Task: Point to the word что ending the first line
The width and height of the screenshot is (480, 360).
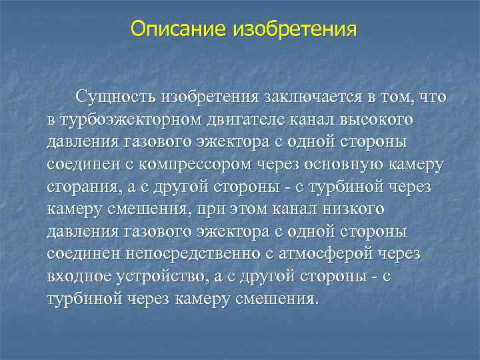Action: [431, 98]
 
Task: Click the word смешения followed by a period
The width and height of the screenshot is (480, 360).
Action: [275, 298]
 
